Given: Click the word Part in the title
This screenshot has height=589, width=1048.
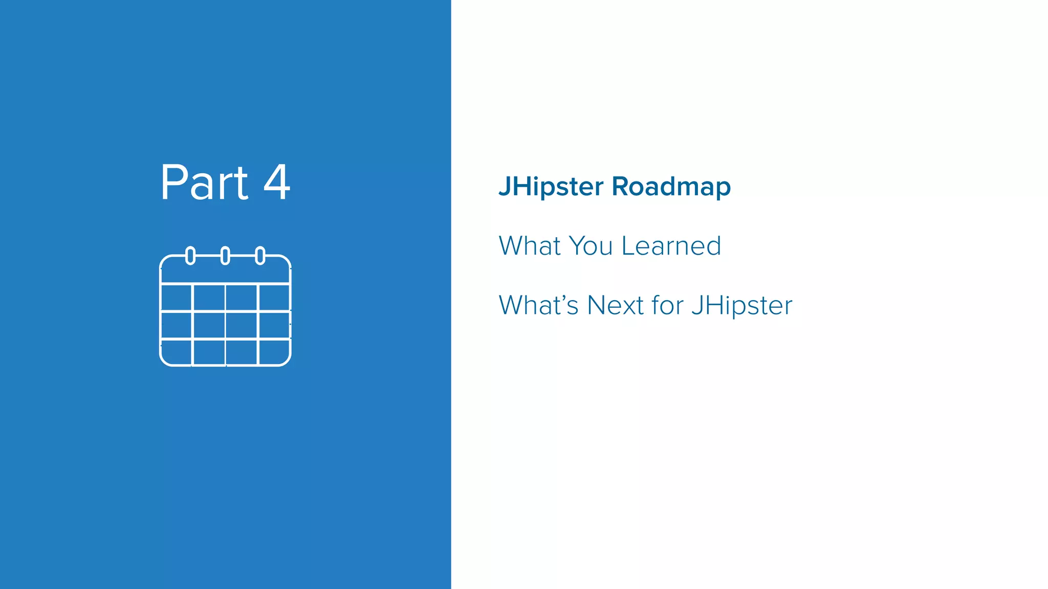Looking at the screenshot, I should point(204,183).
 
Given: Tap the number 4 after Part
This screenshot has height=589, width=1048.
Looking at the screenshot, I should point(277,183).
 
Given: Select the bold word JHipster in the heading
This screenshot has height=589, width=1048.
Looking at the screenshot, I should point(551,187).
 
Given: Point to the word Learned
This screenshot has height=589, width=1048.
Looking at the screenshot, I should point(671,246).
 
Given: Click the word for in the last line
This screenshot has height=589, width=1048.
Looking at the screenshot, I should point(667,305).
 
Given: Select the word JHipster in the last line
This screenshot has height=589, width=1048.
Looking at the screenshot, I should point(741,306).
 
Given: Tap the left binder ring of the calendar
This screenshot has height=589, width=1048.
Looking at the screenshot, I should point(190,256).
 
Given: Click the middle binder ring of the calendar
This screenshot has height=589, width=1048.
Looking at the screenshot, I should point(225,256).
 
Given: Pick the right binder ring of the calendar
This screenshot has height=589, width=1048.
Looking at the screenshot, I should point(260,256).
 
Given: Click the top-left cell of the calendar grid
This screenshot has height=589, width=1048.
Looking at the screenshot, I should point(177,297).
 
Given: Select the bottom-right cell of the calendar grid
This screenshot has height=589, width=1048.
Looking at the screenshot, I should point(274,352).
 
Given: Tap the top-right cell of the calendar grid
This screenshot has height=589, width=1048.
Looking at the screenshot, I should point(274,297).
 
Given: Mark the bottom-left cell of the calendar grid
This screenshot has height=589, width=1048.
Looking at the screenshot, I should point(177,352).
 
